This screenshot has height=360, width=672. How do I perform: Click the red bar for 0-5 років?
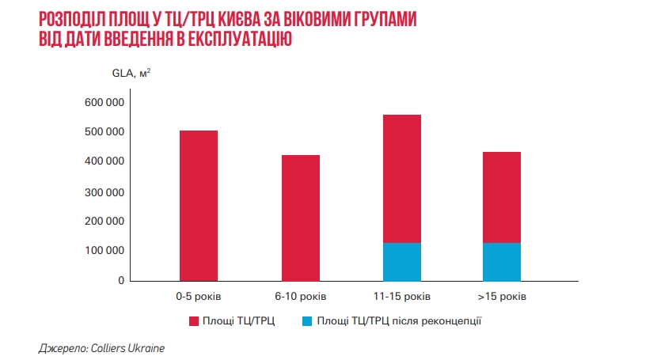coord(198,206)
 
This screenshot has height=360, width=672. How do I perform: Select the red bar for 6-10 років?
coord(301,218)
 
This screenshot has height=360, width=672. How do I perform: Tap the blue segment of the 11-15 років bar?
coord(401,262)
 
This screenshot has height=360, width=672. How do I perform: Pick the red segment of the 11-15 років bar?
coord(401,179)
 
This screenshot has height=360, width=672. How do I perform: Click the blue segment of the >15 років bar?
coord(501,262)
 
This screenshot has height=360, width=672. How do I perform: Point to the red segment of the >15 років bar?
coord(501,197)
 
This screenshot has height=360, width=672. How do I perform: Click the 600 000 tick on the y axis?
coord(104,103)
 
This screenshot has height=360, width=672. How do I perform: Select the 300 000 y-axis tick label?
coord(104,192)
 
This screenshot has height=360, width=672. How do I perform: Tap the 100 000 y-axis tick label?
coord(104,251)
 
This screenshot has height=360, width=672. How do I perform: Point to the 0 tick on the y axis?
coord(121,281)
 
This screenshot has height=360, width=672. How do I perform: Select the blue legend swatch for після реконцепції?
coord(308,321)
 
